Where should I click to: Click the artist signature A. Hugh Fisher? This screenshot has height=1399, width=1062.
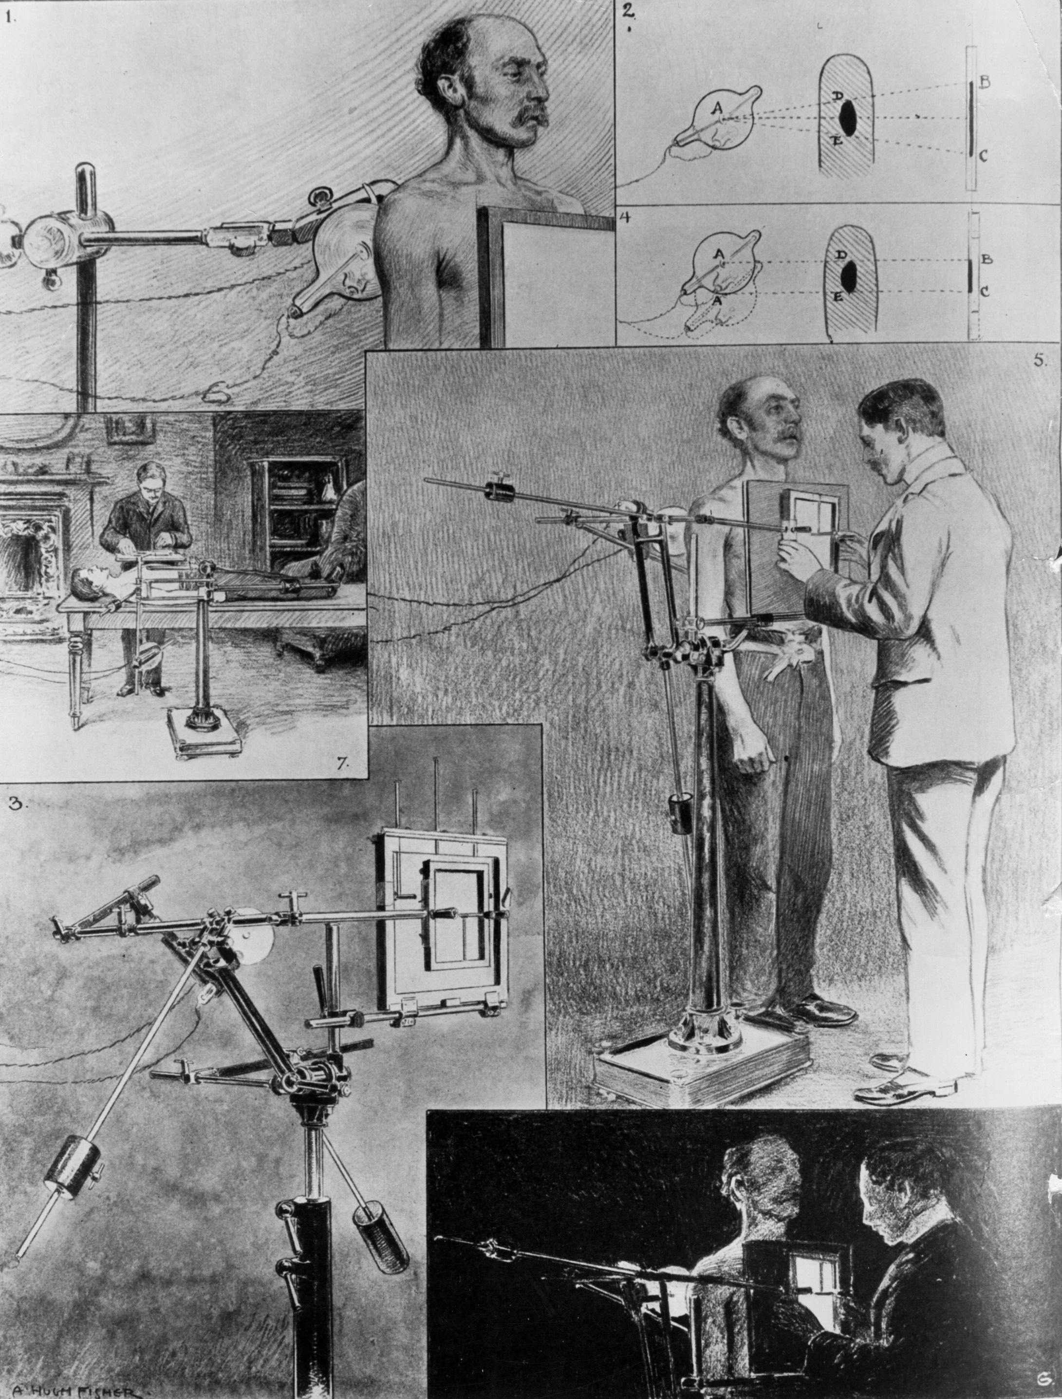point(78,1391)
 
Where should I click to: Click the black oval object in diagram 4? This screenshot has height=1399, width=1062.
point(849,273)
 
